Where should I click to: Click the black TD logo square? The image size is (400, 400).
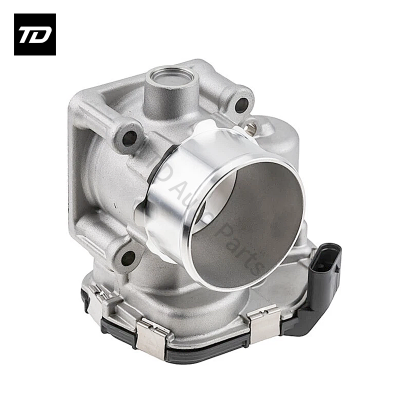(34, 34)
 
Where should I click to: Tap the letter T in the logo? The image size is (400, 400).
(28, 34)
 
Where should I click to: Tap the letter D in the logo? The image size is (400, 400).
(41, 34)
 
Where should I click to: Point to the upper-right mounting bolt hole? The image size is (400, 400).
(241, 104)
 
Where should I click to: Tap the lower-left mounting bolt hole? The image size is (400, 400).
(128, 258)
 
